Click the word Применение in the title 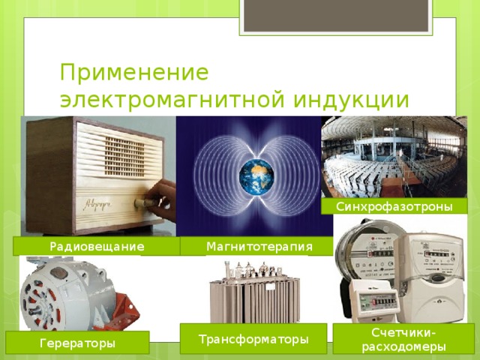point(134,73)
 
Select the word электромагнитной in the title point(172,100)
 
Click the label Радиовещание point(97,247)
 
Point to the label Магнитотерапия point(259,247)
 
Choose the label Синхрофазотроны point(394,207)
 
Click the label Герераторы point(77,343)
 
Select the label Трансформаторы point(253,339)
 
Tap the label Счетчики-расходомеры point(403,340)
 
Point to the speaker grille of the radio point(124,157)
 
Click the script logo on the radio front point(97,205)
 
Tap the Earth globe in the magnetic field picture point(256,177)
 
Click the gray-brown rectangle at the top point(336,16)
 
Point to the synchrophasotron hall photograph point(394,157)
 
